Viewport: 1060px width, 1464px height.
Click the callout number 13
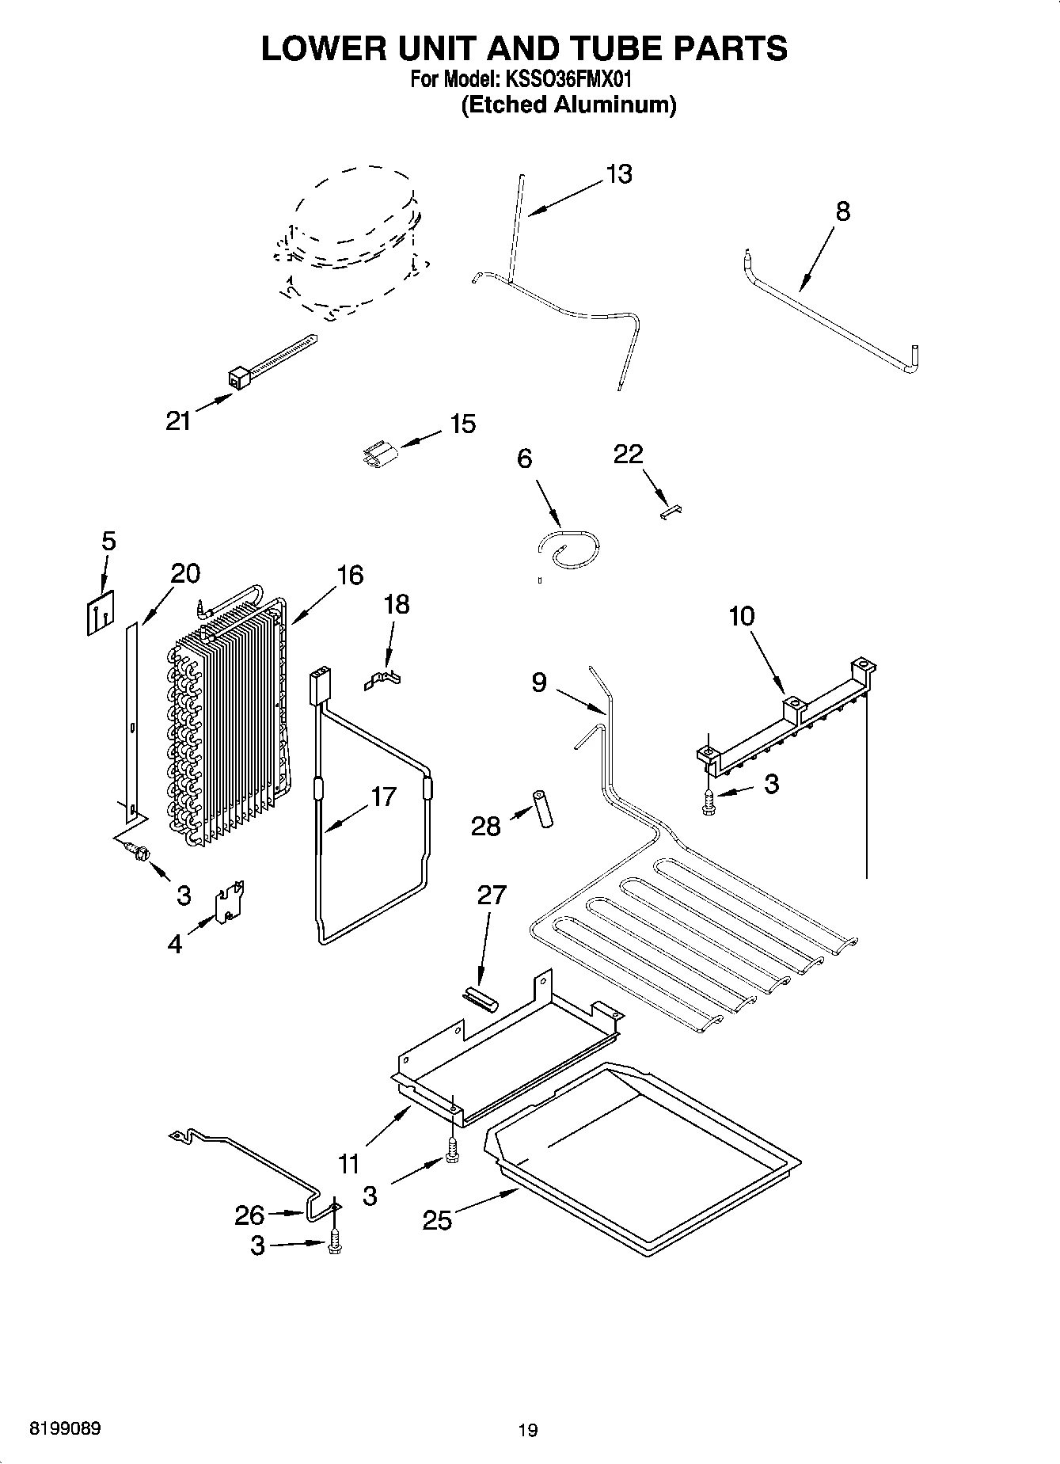coord(619,174)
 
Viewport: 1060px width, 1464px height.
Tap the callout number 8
coord(842,211)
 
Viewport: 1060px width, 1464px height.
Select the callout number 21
coord(178,421)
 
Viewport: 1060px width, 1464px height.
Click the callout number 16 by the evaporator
coord(348,575)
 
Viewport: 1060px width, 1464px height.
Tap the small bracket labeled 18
coord(383,679)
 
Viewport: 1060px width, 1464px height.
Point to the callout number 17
coord(384,796)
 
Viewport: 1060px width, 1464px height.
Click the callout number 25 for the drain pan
coord(436,1220)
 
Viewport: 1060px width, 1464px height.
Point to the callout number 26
coord(249,1215)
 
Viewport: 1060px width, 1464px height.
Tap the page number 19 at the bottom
coord(528,1430)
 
